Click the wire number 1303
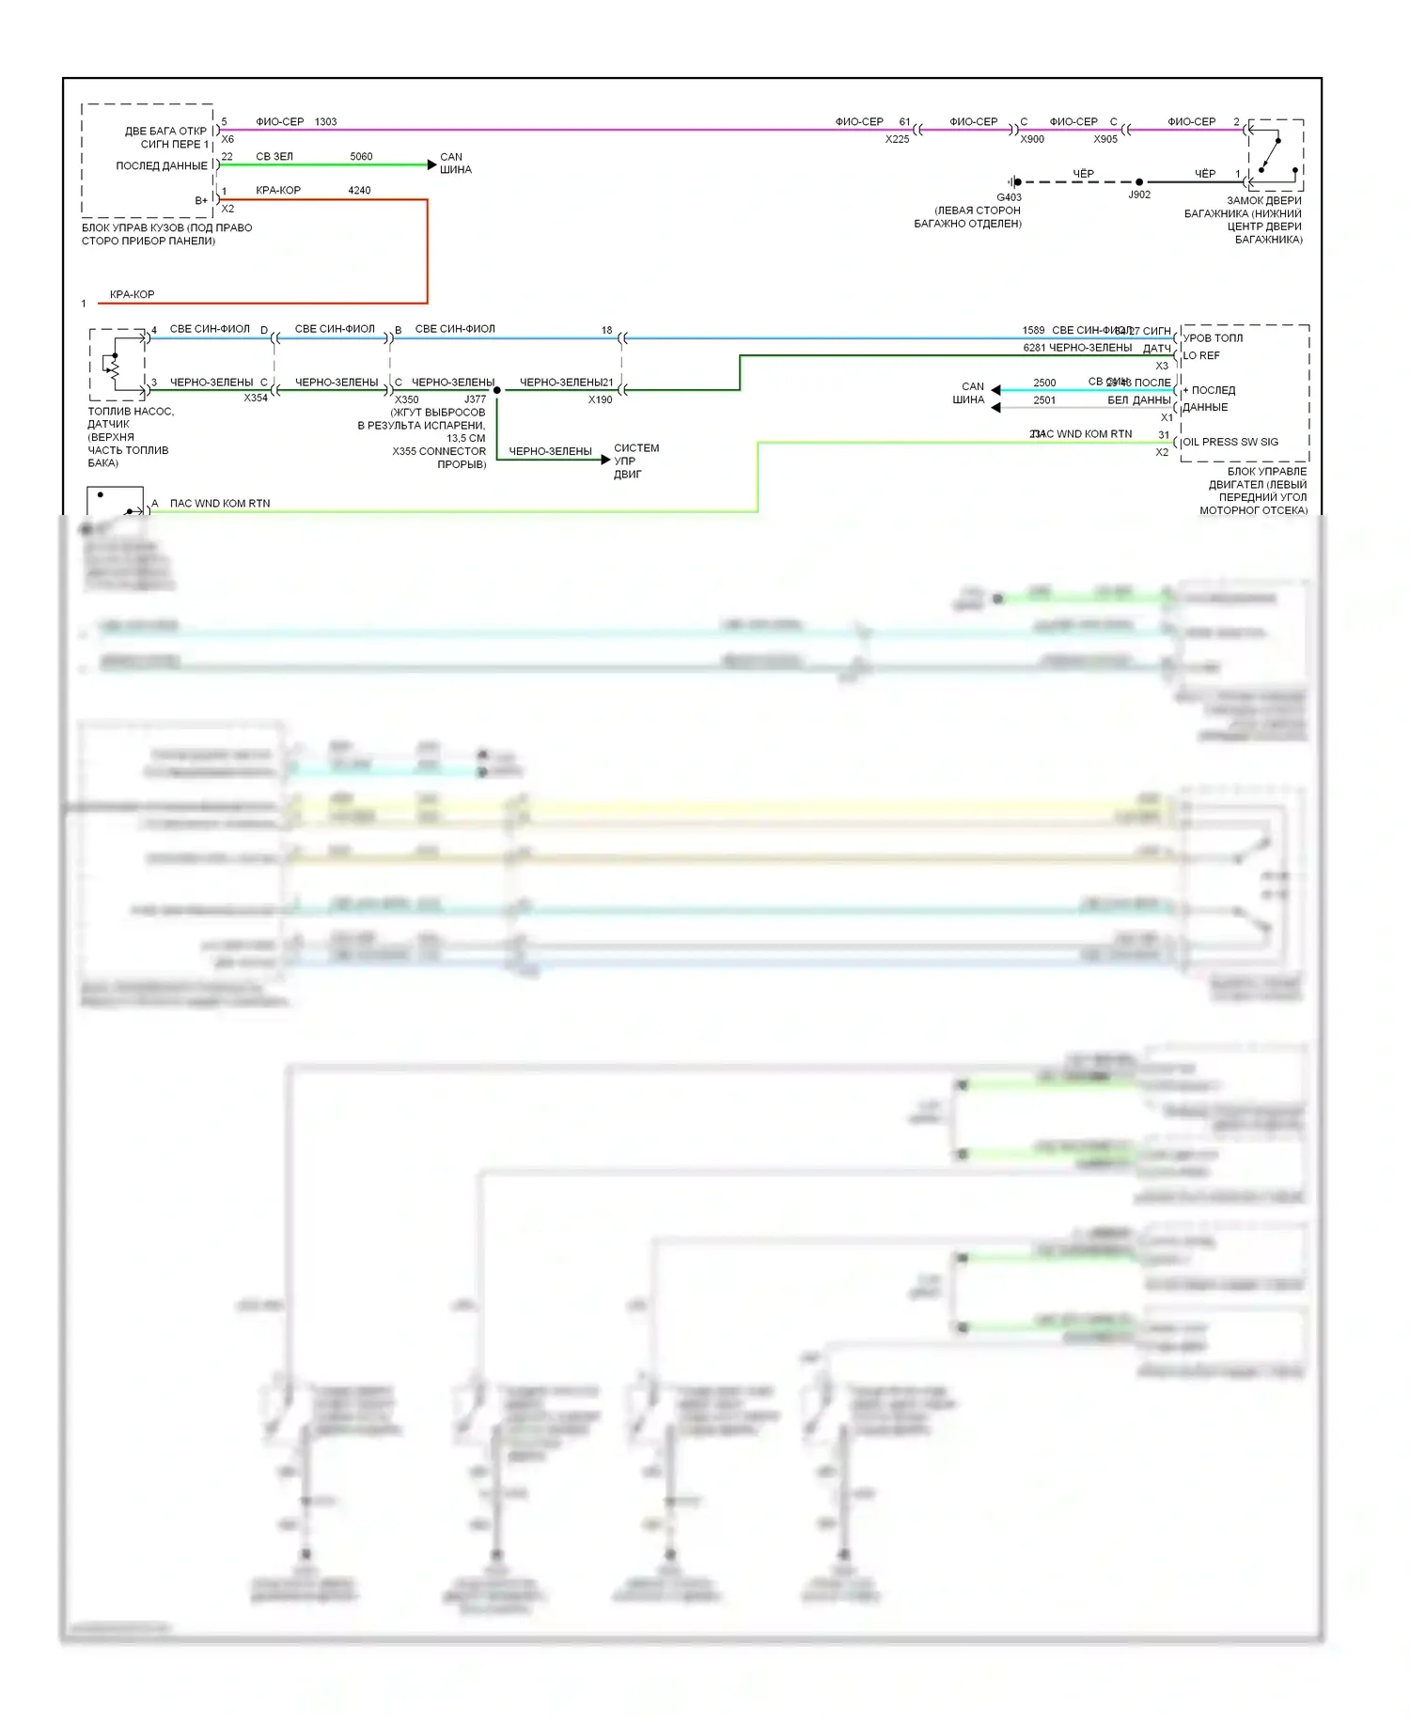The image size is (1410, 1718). [325, 122]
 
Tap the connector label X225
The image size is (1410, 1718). [897, 139]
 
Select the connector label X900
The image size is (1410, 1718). [1032, 139]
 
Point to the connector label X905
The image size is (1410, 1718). [1105, 139]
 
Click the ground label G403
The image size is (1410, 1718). [1009, 197]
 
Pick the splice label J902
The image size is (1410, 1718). [1139, 195]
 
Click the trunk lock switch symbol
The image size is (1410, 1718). [1275, 155]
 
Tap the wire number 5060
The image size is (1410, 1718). [361, 157]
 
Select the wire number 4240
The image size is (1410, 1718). [359, 191]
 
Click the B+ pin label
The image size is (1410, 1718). [201, 200]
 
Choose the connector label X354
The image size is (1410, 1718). [256, 398]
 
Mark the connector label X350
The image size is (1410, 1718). [406, 399]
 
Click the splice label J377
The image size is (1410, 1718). [475, 399]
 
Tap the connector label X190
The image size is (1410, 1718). [600, 399]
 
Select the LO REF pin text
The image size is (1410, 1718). [1201, 356]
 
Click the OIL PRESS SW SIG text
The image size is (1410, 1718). [1230, 442]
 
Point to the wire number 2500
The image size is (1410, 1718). [1044, 383]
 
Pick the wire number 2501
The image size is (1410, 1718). [1044, 400]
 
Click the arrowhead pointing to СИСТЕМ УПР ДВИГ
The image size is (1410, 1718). [605, 460]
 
